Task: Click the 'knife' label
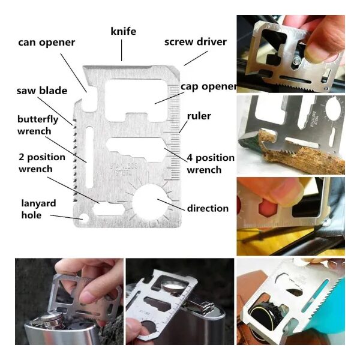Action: (x=123, y=31)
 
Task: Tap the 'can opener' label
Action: (x=47, y=43)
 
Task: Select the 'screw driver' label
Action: (x=196, y=42)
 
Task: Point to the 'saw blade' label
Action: (x=42, y=91)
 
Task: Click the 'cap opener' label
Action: (x=208, y=87)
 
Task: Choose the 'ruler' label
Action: (x=199, y=116)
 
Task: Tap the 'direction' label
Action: (x=208, y=208)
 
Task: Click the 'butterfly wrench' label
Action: (x=38, y=125)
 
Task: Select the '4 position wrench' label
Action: (x=211, y=164)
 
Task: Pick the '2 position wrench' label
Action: (x=42, y=163)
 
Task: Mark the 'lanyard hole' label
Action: (x=38, y=209)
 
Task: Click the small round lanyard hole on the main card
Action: (x=84, y=218)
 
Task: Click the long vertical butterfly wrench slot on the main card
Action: (x=89, y=157)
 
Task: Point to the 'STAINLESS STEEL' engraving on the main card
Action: (x=124, y=169)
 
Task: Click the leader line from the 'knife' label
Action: (x=121, y=50)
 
